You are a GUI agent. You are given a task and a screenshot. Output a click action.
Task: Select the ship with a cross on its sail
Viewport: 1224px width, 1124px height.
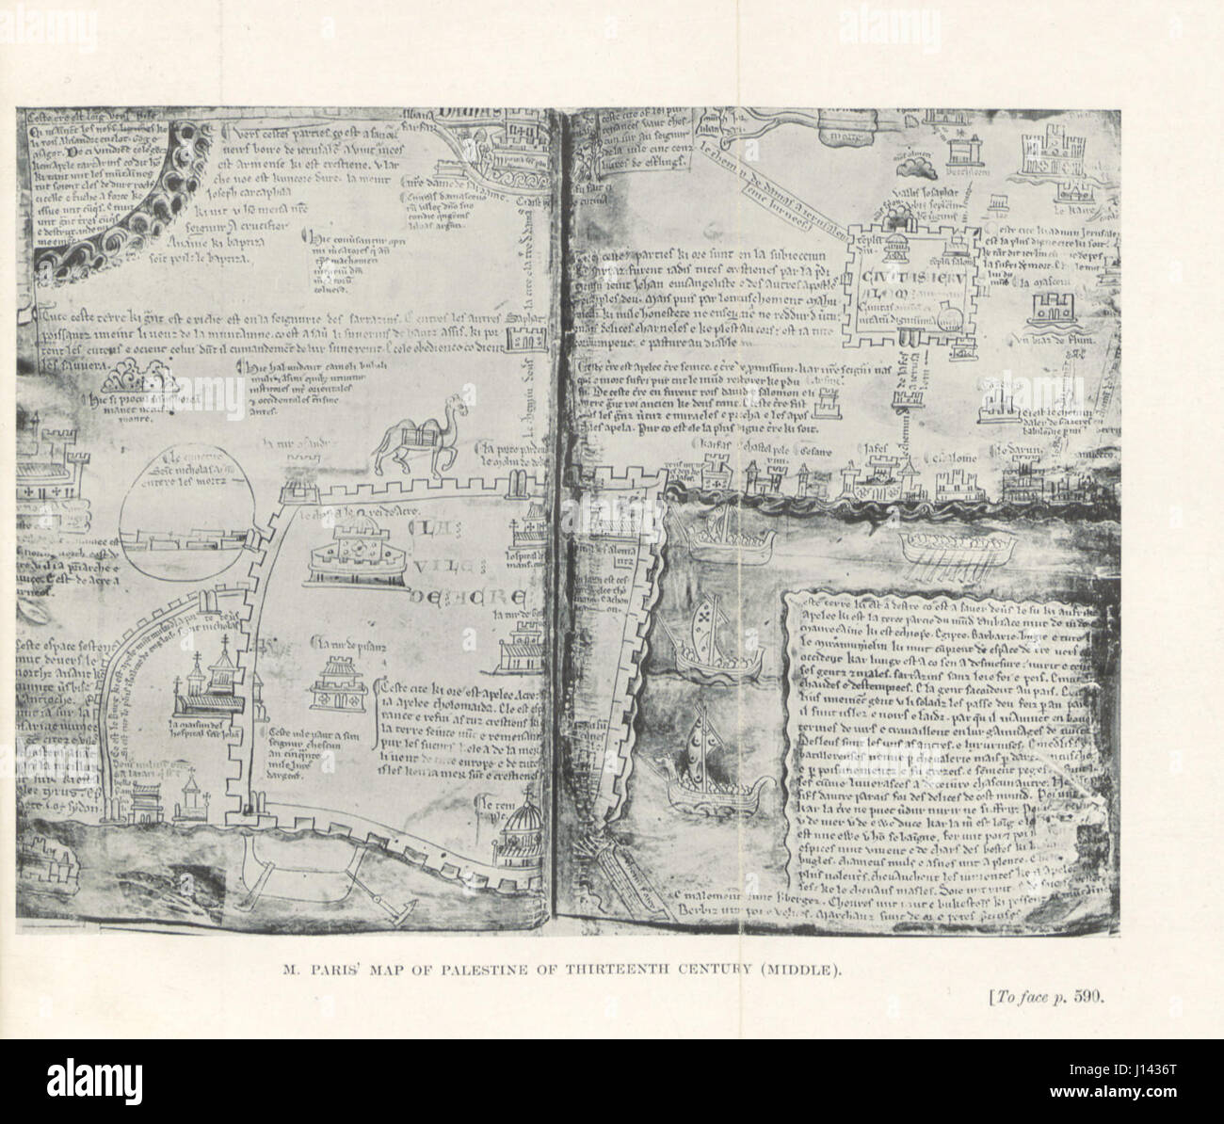[704, 640]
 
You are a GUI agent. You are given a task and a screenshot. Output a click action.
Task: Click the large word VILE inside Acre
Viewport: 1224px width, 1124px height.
[444, 565]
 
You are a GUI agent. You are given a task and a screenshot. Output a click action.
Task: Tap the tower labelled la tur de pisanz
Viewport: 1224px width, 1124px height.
[341, 682]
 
